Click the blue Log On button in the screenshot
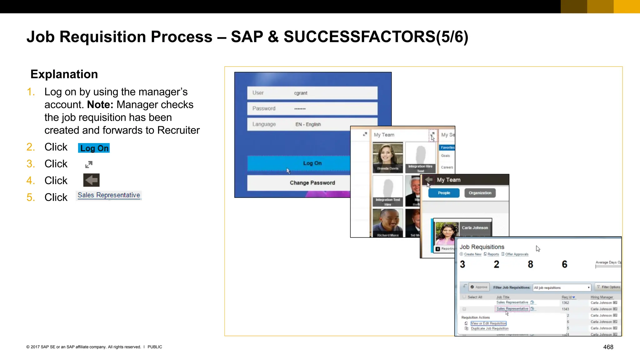point(299,163)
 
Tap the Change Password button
point(299,183)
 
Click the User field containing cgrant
point(312,93)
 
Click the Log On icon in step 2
point(94,148)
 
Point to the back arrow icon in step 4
point(91,180)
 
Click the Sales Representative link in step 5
point(109,195)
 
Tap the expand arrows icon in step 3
point(89,164)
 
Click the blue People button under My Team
point(444,193)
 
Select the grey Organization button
point(480,193)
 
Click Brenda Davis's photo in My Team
point(387,157)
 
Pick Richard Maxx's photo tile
point(387,222)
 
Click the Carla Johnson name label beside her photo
point(475,228)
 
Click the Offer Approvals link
point(517,254)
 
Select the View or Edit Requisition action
point(488,323)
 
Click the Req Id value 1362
point(565,303)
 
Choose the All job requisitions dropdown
point(562,287)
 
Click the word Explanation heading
point(64,74)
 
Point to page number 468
point(608,347)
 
